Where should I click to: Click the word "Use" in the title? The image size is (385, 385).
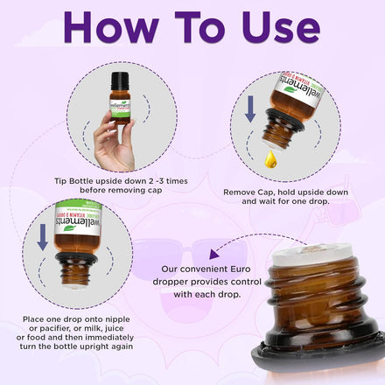[x=281, y=27]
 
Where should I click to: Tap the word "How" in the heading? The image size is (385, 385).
[x=111, y=27]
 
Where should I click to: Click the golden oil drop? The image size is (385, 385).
[x=270, y=159]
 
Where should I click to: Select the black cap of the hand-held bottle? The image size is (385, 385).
[x=120, y=81]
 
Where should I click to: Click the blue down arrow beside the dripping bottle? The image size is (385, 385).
[x=250, y=109]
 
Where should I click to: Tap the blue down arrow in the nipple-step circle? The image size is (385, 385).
[x=43, y=237]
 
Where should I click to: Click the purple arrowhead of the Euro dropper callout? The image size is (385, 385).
[x=213, y=255]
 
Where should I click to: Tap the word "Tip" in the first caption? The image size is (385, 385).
[x=60, y=181]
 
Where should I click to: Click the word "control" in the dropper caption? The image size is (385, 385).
[x=246, y=282]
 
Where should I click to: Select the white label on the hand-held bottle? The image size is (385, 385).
[x=120, y=108]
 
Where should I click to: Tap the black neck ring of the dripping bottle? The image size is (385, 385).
[x=284, y=120]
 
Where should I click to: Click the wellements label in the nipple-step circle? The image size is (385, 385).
[x=78, y=218]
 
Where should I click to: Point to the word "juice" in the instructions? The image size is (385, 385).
[x=115, y=328]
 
